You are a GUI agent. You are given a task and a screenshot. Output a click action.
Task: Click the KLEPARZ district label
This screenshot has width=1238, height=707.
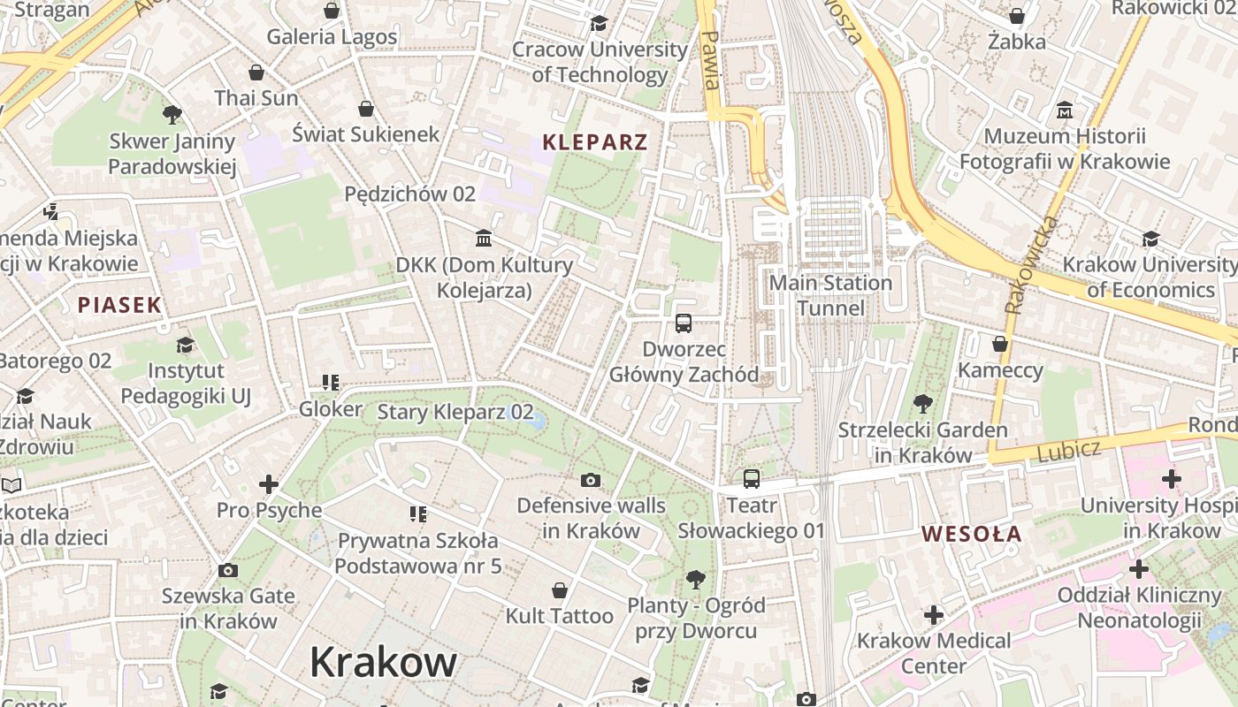(595, 142)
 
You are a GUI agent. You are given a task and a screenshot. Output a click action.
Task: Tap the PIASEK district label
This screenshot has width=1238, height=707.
(119, 306)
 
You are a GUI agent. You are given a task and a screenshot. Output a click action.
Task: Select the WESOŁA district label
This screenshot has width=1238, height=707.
(971, 534)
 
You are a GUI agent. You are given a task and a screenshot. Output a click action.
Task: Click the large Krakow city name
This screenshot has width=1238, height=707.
(383, 662)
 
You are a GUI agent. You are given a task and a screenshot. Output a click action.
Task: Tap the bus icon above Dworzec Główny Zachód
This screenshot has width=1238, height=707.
(684, 323)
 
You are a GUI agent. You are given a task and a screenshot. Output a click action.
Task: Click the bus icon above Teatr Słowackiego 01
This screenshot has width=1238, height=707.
(751, 479)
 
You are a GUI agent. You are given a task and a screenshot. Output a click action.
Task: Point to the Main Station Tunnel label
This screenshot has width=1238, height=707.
(830, 295)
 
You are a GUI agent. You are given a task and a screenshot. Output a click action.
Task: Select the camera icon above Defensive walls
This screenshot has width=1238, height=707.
(591, 480)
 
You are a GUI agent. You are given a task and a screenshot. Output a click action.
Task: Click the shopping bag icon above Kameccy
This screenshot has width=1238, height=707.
(1000, 344)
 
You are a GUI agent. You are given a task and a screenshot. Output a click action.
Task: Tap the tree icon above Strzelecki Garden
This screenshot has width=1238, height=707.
(922, 404)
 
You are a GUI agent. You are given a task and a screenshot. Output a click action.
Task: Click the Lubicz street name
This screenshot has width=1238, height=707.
(1069, 451)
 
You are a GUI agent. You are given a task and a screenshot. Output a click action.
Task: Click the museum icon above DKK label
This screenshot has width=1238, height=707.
(483, 238)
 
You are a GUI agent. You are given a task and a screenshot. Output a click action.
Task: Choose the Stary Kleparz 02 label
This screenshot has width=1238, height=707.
(455, 412)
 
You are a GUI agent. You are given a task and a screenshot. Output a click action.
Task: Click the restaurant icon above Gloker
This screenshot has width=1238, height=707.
(330, 383)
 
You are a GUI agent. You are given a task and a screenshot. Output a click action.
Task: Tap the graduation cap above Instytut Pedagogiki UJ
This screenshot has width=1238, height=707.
(185, 345)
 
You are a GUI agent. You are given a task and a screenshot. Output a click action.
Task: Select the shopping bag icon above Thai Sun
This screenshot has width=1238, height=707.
(256, 72)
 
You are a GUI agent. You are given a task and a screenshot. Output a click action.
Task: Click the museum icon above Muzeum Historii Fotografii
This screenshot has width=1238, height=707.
(1065, 110)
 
